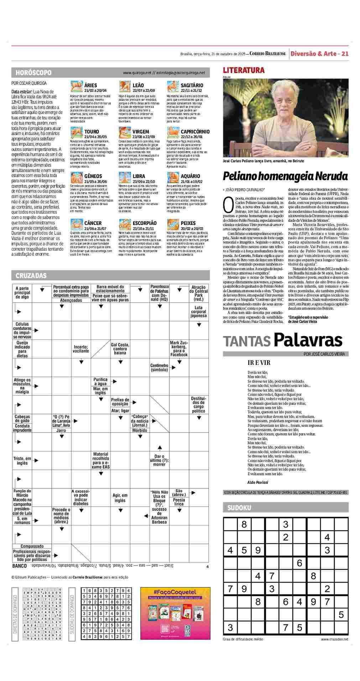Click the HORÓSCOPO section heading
tap(33, 73)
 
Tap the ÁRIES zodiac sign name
tap(90, 85)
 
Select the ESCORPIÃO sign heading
tap(144, 223)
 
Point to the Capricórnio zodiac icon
tap(173, 132)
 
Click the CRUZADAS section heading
tap(31, 276)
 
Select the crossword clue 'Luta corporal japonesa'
tap(198, 311)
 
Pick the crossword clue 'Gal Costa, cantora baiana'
tap(120, 349)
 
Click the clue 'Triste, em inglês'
tap(22, 461)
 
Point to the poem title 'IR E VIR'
tap(259, 363)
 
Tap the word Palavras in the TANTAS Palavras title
tap(308, 340)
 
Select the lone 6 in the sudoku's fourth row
tap(299, 563)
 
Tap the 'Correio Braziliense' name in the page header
tap(268, 54)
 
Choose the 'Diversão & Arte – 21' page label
tap(319, 54)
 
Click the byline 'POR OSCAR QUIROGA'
tap(26, 83)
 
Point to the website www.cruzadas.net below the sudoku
tap(334, 639)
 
